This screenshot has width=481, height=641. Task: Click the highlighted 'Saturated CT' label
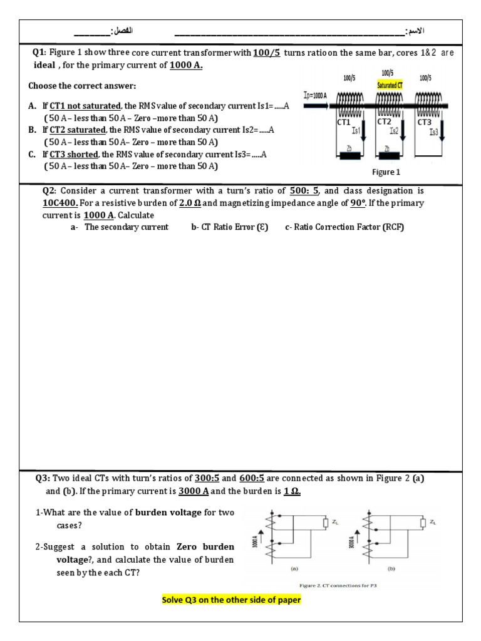(389, 85)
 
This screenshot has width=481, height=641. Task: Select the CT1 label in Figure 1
(344, 122)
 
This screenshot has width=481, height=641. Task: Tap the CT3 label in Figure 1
(425, 123)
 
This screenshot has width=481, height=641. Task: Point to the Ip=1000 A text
(315, 95)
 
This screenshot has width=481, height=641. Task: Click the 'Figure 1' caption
(386, 172)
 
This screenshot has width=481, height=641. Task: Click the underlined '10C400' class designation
(60, 203)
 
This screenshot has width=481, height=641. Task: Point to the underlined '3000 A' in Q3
(196, 491)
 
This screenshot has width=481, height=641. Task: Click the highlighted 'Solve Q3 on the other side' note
(232, 600)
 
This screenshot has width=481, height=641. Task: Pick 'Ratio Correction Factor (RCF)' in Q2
(344, 227)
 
